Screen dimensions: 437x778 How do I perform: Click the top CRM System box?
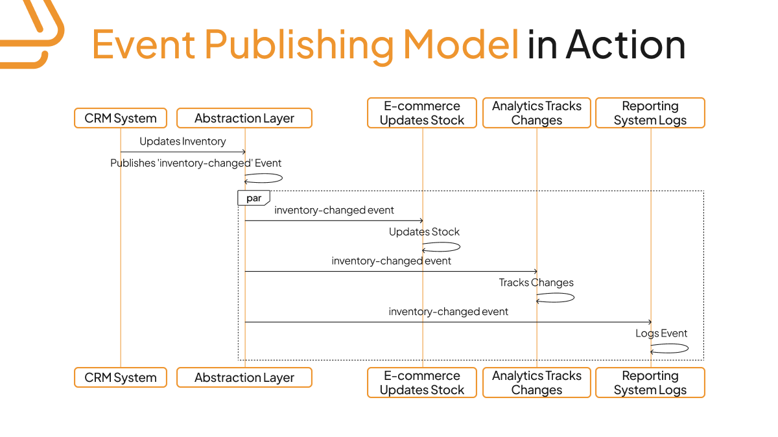pyautogui.click(x=121, y=118)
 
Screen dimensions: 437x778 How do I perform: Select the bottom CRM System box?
pyautogui.click(x=121, y=377)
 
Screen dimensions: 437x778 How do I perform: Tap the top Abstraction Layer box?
pyautogui.click(x=244, y=118)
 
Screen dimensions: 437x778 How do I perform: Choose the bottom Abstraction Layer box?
pyautogui.click(x=244, y=377)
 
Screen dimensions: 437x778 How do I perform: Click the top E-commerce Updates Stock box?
pyautogui.click(x=422, y=113)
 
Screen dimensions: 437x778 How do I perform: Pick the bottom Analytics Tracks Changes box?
pyautogui.click(x=537, y=383)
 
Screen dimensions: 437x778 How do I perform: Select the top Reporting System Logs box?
pyautogui.click(x=650, y=113)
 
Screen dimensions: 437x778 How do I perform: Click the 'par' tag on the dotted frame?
pyautogui.click(x=253, y=198)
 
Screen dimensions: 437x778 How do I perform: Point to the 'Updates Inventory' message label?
pyautogui.click(x=183, y=141)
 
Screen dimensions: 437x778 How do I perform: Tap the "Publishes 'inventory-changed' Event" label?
pyautogui.click(x=196, y=163)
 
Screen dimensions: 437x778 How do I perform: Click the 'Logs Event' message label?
pyautogui.click(x=661, y=333)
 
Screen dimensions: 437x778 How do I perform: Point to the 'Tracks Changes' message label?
pyautogui.click(x=536, y=283)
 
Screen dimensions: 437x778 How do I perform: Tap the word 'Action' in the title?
pyautogui.click(x=626, y=45)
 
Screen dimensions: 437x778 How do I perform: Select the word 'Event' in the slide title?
pyautogui.click(x=143, y=45)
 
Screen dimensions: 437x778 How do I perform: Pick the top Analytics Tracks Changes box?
pyautogui.click(x=537, y=113)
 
